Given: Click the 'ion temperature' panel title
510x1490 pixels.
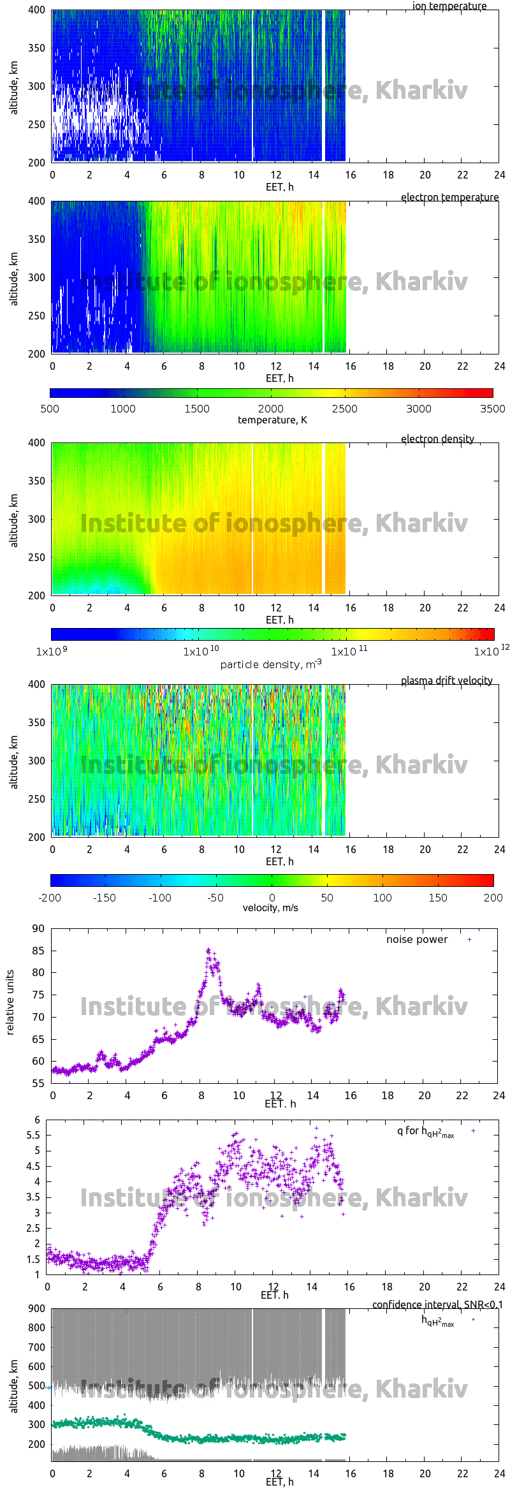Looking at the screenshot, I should [449, 6].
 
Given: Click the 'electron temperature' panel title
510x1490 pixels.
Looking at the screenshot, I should [449, 198].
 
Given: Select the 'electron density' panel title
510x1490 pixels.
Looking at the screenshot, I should [437, 439].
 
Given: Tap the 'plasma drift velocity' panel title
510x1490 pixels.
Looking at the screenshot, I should [446, 681].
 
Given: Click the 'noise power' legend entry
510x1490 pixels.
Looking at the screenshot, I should [417, 940].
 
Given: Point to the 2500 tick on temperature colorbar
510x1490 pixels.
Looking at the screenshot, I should [345, 409].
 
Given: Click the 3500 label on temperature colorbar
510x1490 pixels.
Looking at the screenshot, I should [492, 409].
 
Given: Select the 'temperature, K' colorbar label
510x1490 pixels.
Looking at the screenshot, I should [272, 420].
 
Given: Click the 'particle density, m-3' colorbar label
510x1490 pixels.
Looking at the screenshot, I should [271, 664].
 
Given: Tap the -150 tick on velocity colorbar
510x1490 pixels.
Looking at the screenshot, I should [105, 898].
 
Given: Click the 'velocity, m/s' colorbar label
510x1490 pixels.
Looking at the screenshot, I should [270, 908].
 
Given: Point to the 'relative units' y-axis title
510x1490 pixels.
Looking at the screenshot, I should [10, 1002].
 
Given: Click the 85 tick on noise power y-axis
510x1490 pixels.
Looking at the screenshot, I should [38, 951].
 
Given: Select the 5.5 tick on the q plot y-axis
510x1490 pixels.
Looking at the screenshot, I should [33, 1136].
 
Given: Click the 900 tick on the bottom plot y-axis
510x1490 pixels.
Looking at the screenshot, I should [37, 1308].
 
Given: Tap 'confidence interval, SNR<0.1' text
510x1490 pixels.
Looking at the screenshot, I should [437, 1304].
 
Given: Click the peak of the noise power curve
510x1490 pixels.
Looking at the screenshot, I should [208, 951].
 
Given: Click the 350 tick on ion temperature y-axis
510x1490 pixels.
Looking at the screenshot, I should [36, 48].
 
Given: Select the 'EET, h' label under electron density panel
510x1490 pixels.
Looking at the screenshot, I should [279, 620].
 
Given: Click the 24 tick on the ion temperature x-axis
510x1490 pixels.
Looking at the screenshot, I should [499, 175].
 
